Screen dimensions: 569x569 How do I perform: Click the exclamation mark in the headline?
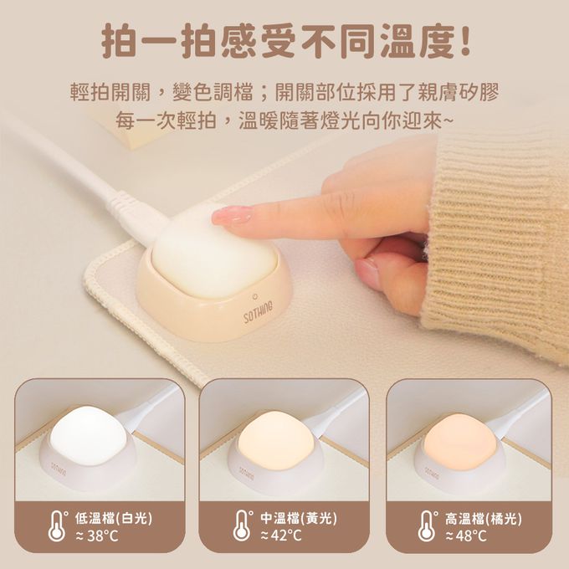pos(463,39)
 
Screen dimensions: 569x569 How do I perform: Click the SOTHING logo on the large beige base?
pos(258,311)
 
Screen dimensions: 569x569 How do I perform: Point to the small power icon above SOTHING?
pos(254,295)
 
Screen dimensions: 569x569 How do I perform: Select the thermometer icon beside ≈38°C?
pos(58,526)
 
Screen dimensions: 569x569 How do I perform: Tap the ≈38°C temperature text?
pos(97,536)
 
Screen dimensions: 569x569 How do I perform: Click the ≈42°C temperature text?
pos(281,536)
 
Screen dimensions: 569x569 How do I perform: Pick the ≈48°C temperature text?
pos(466,536)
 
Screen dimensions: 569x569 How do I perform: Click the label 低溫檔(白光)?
pos(114,518)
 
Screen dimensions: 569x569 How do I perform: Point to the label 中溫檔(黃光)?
pos(299,518)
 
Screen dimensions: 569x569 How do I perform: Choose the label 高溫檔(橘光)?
pos(484,518)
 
